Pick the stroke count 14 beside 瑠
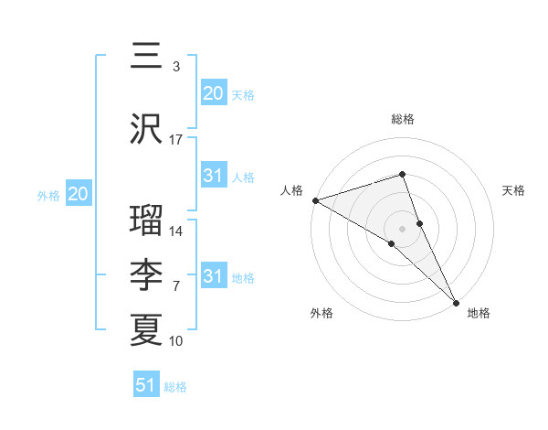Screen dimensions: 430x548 click(x=176, y=231)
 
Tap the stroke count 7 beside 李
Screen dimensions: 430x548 click(x=176, y=286)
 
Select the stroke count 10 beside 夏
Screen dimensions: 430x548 click(x=176, y=341)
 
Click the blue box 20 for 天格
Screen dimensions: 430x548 click(x=213, y=93)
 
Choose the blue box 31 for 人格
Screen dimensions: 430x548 click(x=213, y=176)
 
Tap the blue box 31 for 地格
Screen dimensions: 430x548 click(x=213, y=276)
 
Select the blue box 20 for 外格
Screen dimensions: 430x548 click(x=78, y=194)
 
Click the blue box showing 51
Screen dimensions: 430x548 click(x=146, y=385)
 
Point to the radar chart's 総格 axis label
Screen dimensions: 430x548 click(x=402, y=119)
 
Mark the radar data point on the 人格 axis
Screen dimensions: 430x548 click(x=315, y=200)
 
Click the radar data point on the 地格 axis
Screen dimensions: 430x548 click(x=456, y=302)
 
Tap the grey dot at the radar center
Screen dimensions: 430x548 click(x=402, y=228)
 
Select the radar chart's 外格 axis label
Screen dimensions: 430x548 click(x=321, y=314)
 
